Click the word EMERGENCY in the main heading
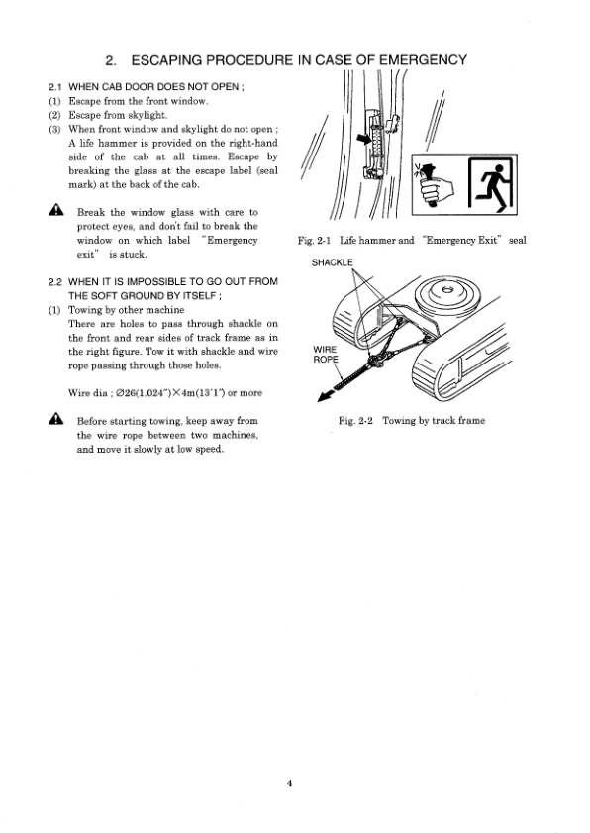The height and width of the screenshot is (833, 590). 423,60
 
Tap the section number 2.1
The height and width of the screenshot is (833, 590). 55,87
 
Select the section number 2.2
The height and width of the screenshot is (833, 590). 55,282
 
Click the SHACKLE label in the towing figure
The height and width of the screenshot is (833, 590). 332,262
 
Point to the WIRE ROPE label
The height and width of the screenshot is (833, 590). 326,354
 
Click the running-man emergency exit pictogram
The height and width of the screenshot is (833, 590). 492,185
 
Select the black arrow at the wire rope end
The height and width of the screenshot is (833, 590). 325,396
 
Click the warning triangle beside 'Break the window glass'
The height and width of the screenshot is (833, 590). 56,211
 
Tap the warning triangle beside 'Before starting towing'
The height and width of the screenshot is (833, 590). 56,419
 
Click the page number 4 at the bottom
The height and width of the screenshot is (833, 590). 289,782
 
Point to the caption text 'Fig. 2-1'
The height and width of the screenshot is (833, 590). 315,241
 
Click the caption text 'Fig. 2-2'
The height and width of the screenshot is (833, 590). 355,421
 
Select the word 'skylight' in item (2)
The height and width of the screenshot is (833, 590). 147,115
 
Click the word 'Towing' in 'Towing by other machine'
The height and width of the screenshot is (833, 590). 83,310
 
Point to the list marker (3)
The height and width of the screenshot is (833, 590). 55,129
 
